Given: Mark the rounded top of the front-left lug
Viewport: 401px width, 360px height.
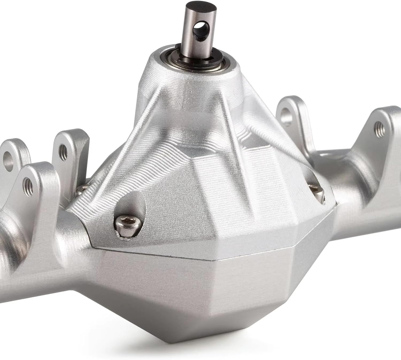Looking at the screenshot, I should coord(37,167).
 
